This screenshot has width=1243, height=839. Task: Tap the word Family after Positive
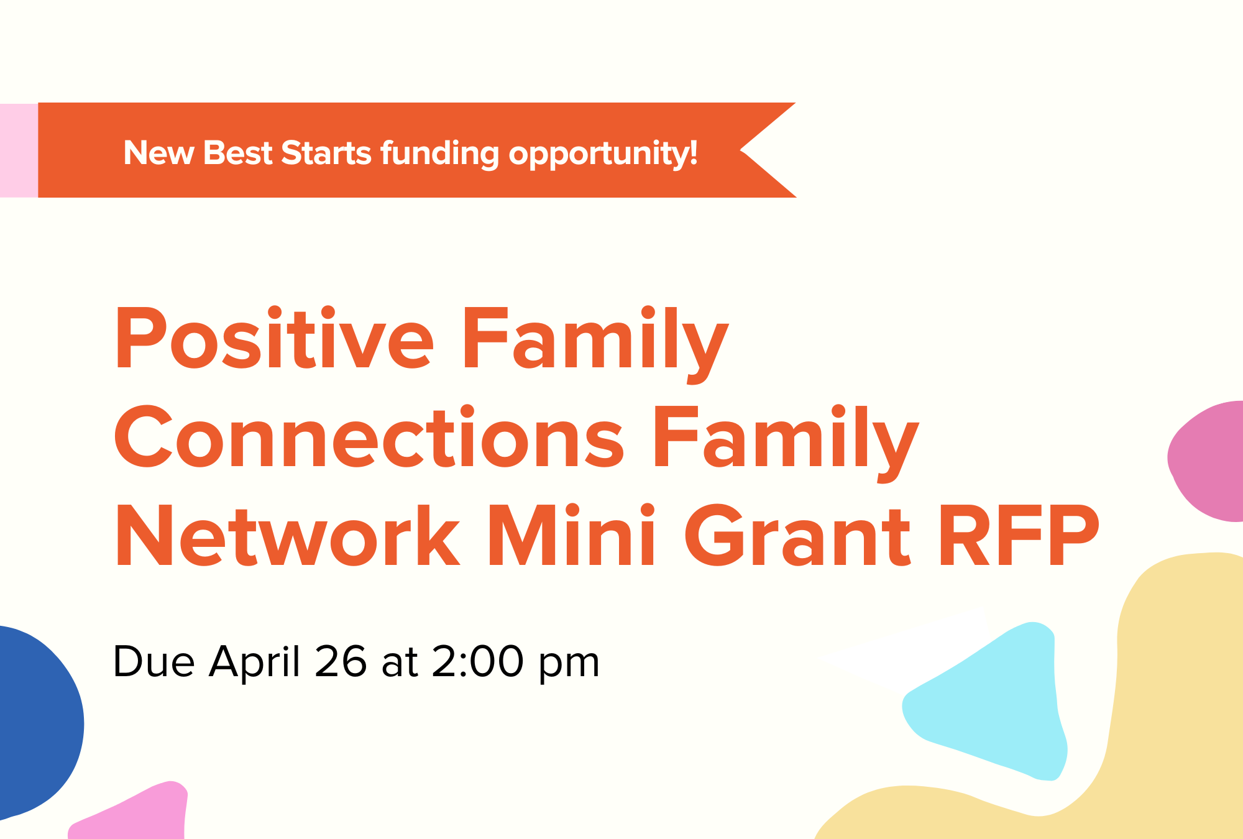tap(594, 339)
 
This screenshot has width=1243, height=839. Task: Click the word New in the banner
tap(158, 153)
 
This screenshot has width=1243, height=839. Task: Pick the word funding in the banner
tap(439, 153)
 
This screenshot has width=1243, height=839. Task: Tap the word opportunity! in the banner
tap(603, 153)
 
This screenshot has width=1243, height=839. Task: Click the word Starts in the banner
tap(326, 153)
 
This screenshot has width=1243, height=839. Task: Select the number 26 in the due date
tap(341, 661)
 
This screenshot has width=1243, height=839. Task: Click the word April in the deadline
tap(255, 661)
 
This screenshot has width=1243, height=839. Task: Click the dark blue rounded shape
tap(34, 721)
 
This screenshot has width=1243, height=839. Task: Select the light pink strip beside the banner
tap(19, 150)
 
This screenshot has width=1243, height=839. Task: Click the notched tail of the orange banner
tap(761, 150)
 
